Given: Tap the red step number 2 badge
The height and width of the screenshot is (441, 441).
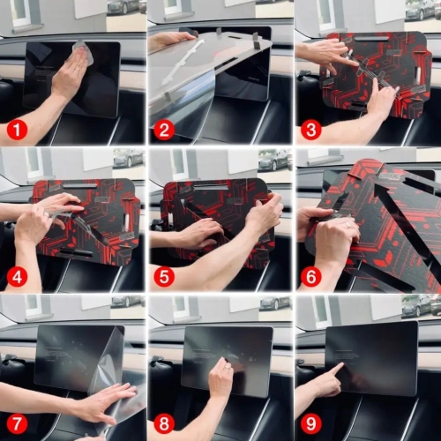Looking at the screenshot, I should pos(163,131).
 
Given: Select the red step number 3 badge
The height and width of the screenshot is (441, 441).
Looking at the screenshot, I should pos(310,131).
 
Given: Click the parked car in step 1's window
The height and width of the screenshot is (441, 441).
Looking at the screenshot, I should pos(125,7).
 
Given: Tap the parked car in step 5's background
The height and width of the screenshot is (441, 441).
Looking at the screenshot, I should pos(273,159).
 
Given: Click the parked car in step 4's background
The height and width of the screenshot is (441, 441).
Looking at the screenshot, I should pos(127,158).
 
